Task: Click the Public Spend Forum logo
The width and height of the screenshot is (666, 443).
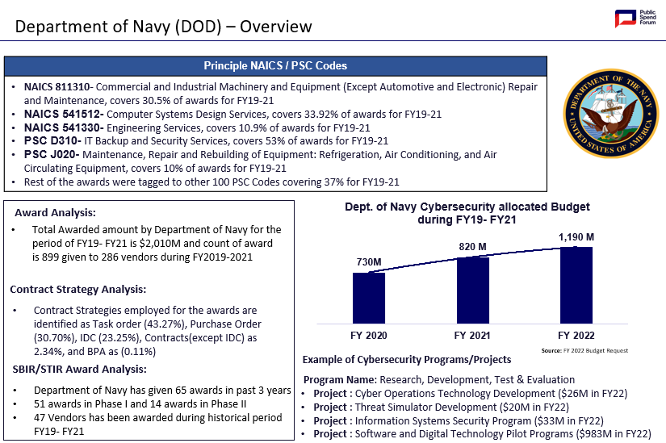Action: pyautogui.click(x=635, y=19)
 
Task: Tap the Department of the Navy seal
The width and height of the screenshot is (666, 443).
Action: pyautogui.click(x=611, y=114)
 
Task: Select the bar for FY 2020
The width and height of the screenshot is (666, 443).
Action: pyautogui.click(x=369, y=299)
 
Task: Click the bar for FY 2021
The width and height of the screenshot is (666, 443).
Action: pyautogui.click(x=473, y=290)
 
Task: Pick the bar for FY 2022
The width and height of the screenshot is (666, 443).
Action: pyautogui.click(x=576, y=285)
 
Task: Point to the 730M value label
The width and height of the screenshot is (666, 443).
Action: pyautogui.click(x=369, y=262)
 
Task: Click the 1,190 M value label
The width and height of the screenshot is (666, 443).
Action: pyautogui.click(x=576, y=237)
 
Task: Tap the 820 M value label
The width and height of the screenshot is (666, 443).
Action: pyautogui.click(x=473, y=247)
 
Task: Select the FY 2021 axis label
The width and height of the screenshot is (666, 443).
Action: pyautogui.click(x=472, y=336)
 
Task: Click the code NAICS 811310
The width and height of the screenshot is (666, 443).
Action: pyautogui.click(x=57, y=86)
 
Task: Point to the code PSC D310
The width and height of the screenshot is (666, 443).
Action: pyautogui.click(x=52, y=140)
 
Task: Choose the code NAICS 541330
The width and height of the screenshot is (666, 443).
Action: pyautogui.click(x=62, y=127)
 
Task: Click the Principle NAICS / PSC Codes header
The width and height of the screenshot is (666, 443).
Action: pyautogui.click(x=275, y=66)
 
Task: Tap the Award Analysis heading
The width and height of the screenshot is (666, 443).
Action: pyautogui.click(x=55, y=213)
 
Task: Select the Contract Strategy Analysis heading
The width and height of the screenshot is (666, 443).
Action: pyautogui.click(x=78, y=289)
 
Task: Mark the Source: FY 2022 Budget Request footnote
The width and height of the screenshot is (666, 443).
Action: pyautogui.click(x=584, y=350)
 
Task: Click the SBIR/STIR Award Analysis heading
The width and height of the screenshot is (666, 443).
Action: pyautogui.click(x=79, y=369)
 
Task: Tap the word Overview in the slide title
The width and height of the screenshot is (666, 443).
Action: pyautogui.click(x=275, y=27)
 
